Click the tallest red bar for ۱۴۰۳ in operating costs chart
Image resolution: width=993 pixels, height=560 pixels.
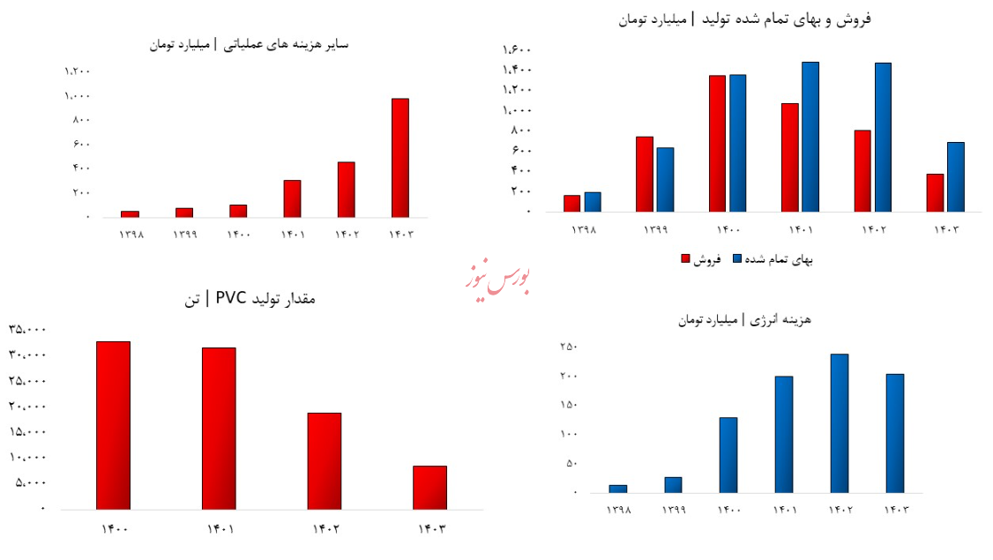pos(399,157)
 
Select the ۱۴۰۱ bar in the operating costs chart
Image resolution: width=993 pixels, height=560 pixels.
pos(292,198)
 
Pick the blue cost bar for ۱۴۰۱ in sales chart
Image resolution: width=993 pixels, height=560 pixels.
pos(810,137)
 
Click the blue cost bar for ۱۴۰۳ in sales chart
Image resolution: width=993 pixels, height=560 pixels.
pos(955,176)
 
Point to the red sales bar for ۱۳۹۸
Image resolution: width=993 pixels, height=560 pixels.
pos(571,203)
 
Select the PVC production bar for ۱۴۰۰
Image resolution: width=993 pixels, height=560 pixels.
pos(113,425)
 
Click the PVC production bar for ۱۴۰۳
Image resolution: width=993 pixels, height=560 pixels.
pos(429,487)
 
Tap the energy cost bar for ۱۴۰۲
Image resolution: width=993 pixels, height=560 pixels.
pos(839,422)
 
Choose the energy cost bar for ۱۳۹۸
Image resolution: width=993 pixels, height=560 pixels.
pos(618,488)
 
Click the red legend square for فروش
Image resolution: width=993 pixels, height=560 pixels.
pos(685,259)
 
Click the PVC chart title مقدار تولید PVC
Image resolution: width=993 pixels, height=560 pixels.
pos(249,300)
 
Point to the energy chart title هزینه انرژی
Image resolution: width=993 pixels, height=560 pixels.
pos(756,319)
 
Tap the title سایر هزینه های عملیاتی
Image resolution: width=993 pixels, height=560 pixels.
pos(251,43)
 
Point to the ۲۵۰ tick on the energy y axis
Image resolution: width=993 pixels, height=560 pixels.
pos(568,347)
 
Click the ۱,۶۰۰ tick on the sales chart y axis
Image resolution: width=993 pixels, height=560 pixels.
pos(516,49)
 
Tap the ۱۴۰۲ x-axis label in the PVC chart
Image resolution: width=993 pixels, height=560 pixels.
pos(325,529)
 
